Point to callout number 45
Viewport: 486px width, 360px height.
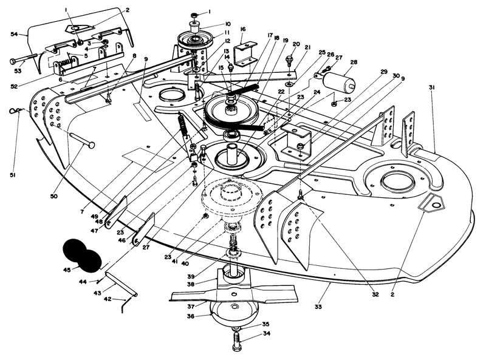tap(67, 269)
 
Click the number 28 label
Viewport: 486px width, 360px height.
tap(353, 63)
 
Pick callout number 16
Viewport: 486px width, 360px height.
tap(243, 29)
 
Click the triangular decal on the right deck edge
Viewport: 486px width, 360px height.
tap(434, 204)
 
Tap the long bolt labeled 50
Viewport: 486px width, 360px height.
tap(81, 140)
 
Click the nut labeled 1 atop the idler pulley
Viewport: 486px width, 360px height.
tap(194, 14)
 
